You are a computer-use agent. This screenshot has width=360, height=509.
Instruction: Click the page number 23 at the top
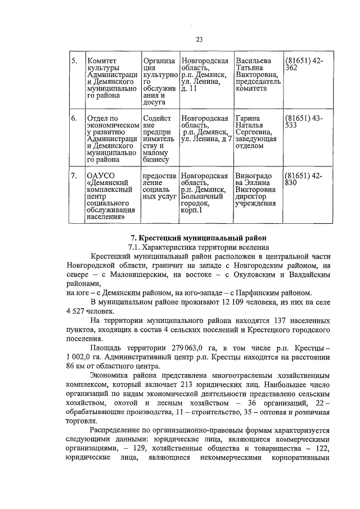(x=199, y=39)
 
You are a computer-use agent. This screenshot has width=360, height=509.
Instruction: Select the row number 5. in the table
(x=74, y=61)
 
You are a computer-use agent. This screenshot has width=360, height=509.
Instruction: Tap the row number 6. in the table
(x=74, y=119)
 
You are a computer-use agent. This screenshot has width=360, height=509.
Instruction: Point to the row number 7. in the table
(x=74, y=176)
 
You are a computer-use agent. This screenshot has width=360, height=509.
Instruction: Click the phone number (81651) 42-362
(x=304, y=64)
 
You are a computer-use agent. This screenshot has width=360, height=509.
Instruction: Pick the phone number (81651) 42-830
(x=304, y=179)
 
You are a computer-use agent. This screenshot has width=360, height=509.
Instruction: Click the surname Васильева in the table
(x=254, y=61)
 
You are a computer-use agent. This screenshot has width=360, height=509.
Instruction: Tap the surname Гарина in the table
(x=248, y=119)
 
